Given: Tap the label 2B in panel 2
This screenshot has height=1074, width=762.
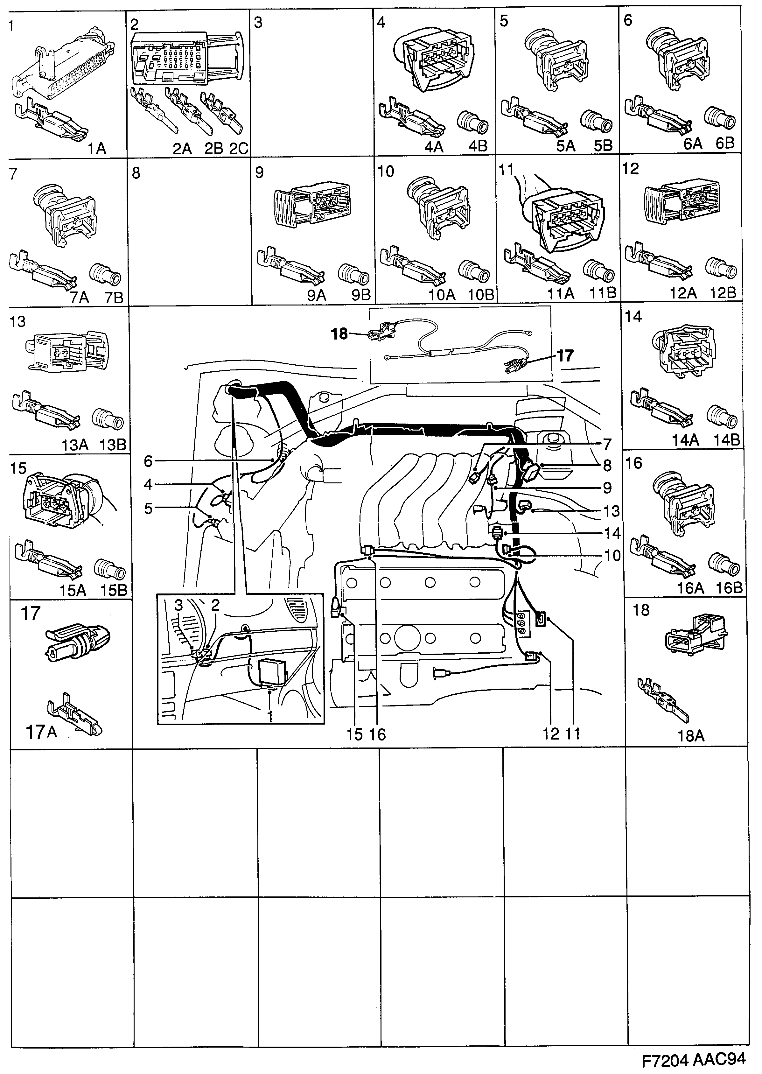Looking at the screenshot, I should coord(213,149).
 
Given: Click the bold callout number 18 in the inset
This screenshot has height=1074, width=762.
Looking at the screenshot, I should coord(340,334).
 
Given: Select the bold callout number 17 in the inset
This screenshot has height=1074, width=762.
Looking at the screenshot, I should coord(565,356).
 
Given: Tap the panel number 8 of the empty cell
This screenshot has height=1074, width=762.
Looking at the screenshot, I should coord(136,174).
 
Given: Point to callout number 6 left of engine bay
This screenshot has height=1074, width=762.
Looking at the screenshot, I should coord(148,462).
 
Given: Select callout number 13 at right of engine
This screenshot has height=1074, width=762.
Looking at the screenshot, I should coord(612,511).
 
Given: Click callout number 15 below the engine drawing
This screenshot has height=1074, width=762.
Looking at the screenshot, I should coord(355,734).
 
